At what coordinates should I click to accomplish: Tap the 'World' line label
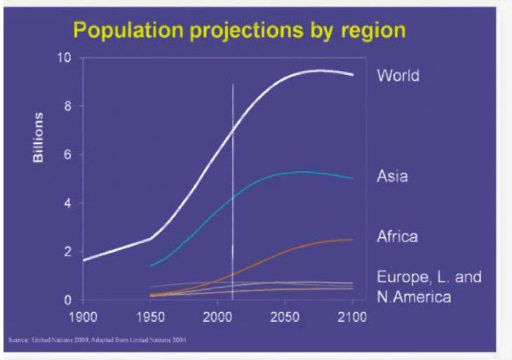[x=398, y=75]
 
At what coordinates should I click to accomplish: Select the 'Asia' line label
[x=393, y=176]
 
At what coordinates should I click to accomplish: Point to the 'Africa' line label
[x=397, y=236]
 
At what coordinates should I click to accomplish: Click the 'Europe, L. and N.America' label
[x=429, y=286]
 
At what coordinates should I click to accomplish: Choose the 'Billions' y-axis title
[x=39, y=136]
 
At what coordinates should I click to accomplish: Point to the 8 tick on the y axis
[x=67, y=107]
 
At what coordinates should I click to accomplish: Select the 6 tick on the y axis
[x=67, y=155]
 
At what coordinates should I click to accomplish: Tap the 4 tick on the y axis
[x=67, y=204]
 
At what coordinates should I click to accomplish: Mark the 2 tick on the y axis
[x=67, y=252]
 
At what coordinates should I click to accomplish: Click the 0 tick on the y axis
[x=67, y=300]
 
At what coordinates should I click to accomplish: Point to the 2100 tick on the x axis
[x=352, y=317]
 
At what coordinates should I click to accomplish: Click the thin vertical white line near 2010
[x=232, y=175]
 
